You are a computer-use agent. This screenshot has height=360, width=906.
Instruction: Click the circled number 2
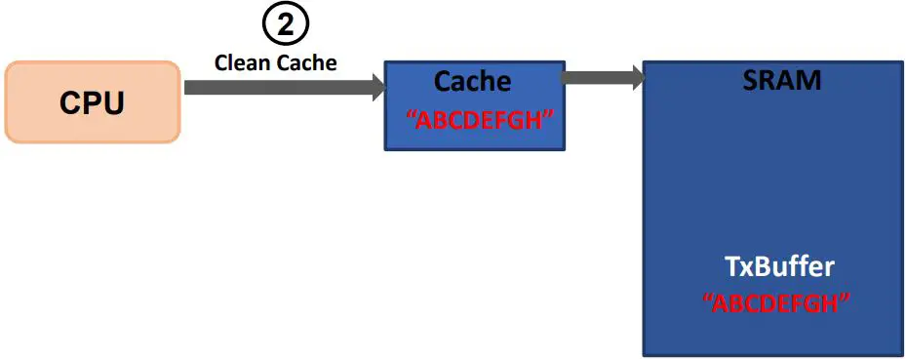[284, 26]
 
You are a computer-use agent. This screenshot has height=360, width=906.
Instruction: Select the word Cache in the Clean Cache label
[305, 63]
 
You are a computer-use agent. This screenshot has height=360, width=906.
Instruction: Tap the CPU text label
[92, 103]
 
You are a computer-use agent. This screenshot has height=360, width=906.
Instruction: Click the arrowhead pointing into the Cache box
[375, 88]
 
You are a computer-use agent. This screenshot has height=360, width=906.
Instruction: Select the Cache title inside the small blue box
[472, 81]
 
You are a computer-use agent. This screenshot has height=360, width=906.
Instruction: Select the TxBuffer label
[779, 267]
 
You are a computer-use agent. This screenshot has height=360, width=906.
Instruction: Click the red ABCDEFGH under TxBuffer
[776, 302]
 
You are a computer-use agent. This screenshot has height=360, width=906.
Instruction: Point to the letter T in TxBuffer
[730, 267]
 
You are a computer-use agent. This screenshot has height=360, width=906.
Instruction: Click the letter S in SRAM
[748, 80]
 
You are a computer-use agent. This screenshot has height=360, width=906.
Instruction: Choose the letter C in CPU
[70, 103]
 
